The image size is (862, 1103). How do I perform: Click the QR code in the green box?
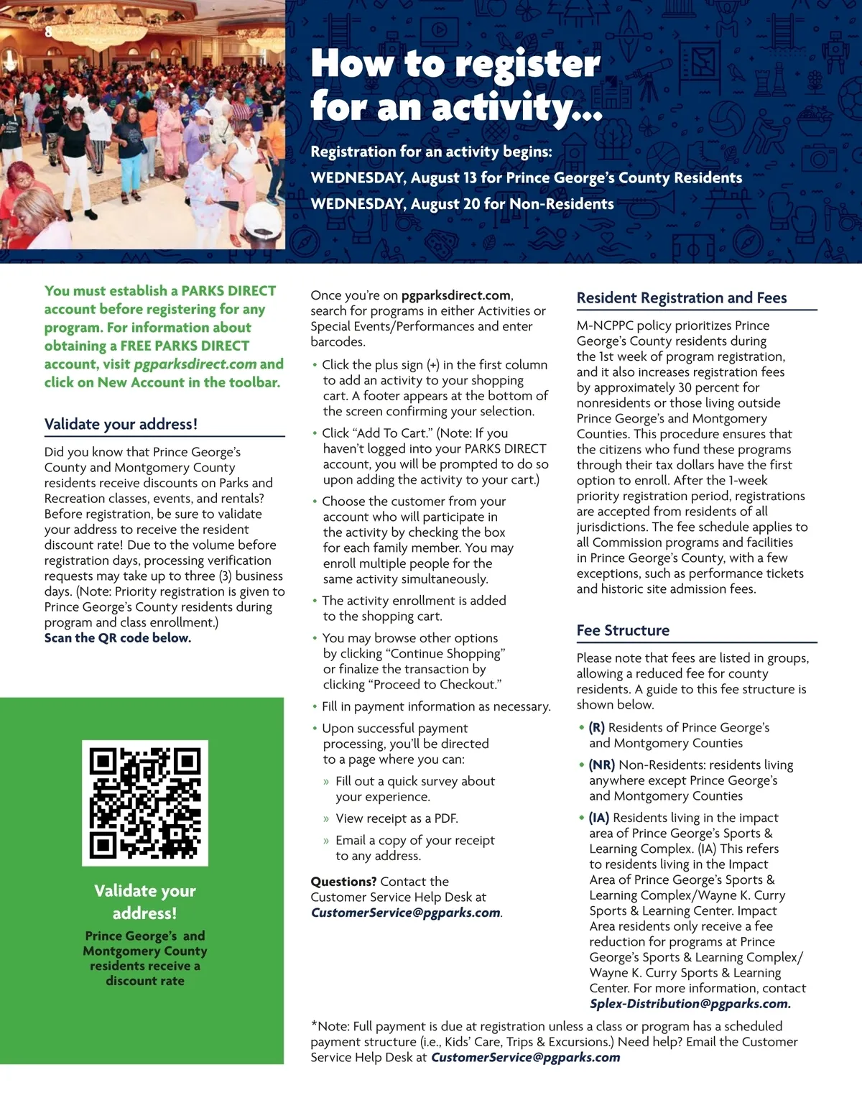click(145, 803)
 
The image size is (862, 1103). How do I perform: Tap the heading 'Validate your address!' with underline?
click(121, 424)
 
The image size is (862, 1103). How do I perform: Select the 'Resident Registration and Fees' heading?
click(682, 298)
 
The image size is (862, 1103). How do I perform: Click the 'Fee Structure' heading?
click(623, 630)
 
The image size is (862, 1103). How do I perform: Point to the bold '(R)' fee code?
click(597, 728)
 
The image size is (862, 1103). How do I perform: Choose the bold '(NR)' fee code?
click(602, 765)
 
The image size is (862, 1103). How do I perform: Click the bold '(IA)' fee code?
click(599, 818)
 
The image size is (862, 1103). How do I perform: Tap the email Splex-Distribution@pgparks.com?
click(690, 1004)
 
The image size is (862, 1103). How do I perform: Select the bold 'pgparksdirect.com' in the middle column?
click(456, 295)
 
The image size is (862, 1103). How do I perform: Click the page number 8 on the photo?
click(48, 32)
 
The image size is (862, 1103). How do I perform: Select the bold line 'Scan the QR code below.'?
click(118, 638)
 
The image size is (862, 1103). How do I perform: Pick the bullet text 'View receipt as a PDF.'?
click(397, 818)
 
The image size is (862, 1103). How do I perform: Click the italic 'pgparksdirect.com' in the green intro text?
click(195, 364)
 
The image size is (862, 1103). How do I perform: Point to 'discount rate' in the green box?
click(145, 981)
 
